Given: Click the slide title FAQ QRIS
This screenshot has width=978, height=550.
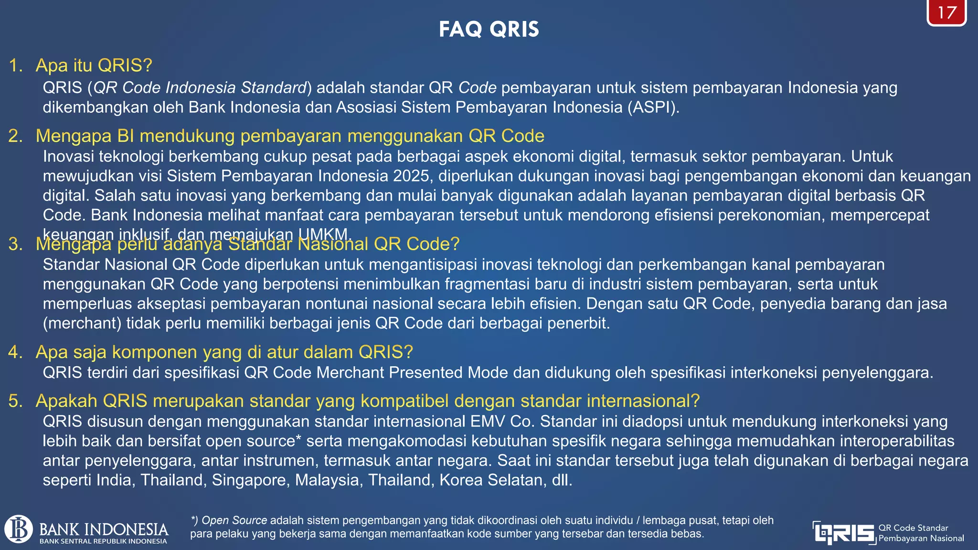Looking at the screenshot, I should pos(489,30).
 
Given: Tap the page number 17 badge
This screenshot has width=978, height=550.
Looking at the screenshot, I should pos(946,13).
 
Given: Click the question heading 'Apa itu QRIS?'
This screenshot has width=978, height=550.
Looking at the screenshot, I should pos(94,65).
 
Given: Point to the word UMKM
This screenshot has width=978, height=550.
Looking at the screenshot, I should pos(325,234).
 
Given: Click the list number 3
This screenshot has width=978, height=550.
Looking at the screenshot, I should pos(15,244).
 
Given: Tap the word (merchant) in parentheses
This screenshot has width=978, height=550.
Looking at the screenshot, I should pos(82,324).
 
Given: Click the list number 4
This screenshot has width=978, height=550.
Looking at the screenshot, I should pos(15,352).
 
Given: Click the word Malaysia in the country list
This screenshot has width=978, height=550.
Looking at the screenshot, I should pos(327,480).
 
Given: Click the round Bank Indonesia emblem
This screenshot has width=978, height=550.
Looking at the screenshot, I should pos(19,529).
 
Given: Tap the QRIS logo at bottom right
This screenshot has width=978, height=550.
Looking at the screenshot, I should pos(844,533).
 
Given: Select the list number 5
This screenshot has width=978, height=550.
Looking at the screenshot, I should pos(15,401).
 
